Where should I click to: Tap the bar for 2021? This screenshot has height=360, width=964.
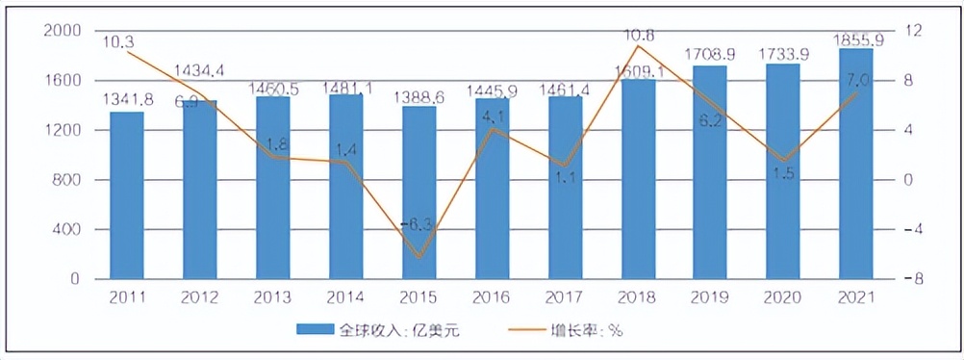pos(855,164)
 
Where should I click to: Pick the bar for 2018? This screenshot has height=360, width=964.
pos(638,179)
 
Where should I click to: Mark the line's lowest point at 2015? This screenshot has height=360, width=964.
pos(419,257)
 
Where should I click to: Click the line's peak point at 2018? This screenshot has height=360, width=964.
pos(638,46)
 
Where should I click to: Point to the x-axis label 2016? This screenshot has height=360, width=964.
pos(492,297)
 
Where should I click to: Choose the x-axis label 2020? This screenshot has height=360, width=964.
pos(783,297)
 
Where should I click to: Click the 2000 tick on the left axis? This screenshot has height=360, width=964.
pos(62,31)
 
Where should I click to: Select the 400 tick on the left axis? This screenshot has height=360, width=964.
pos(66,229)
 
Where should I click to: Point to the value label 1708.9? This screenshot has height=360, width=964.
pos(710,54)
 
